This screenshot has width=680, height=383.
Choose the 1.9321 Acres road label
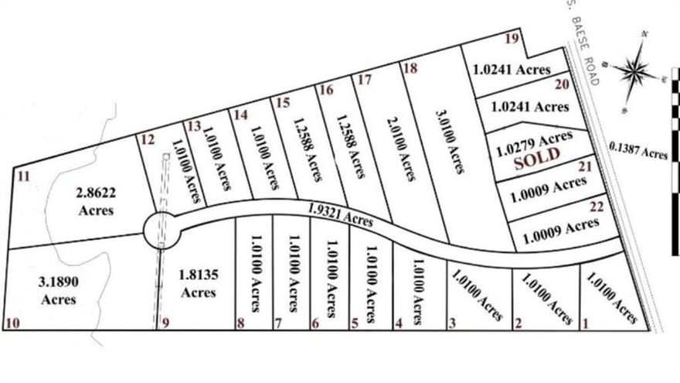(x=339, y=216)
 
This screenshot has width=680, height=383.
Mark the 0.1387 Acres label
(x=637, y=150)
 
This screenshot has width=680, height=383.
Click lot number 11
(x=23, y=176)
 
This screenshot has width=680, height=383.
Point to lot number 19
(x=511, y=39)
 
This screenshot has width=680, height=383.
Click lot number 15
(x=282, y=102)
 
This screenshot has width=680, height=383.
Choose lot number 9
(x=164, y=323)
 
